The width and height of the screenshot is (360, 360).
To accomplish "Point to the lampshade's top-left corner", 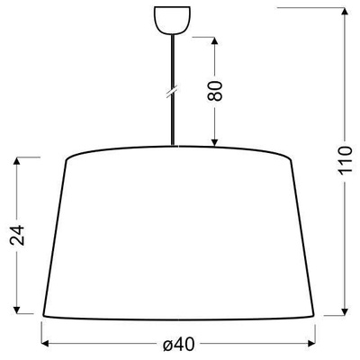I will click(67, 160).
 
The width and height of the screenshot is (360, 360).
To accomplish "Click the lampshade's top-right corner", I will click(294, 160).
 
